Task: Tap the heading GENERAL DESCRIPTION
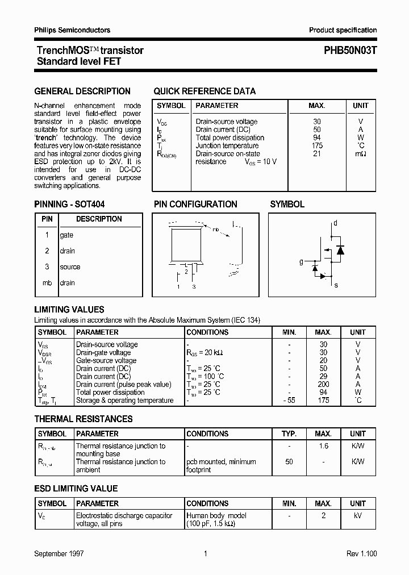(82, 91)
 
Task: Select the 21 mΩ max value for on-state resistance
(317, 153)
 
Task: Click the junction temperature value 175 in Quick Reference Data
(317, 145)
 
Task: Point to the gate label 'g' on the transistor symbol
(301, 262)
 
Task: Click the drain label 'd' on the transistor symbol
(335, 223)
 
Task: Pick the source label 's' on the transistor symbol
(336, 285)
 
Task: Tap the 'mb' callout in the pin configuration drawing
(216, 230)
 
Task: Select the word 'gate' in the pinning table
(66, 235)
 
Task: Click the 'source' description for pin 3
(70, 267)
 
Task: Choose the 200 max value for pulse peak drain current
(323, 385)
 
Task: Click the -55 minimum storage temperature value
(289, 401)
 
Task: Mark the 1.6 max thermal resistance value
(323, 446)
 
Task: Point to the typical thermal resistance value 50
(289, 462)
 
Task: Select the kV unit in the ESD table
(358, 516)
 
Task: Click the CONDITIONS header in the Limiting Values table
(207, 332)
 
